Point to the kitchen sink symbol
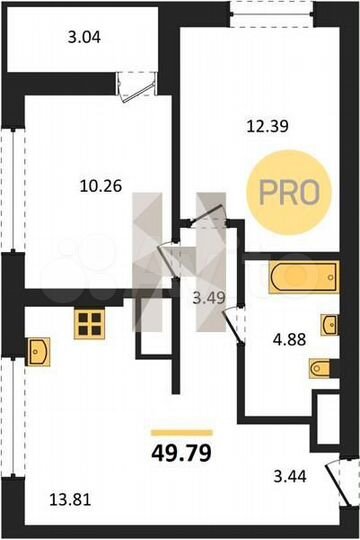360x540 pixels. tap(39, 351)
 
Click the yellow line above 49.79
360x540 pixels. tap(181, 433)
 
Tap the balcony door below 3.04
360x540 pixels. tap(132, 86)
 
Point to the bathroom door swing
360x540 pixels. tap(234, 325)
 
